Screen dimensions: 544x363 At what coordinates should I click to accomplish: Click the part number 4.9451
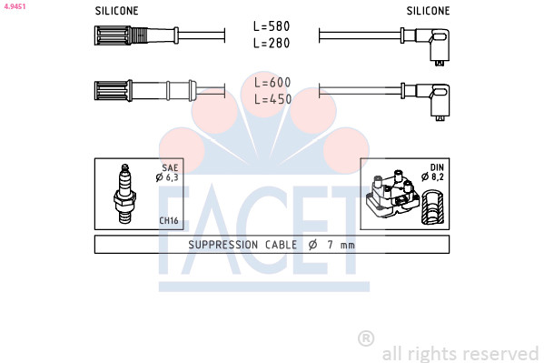coord(15,6)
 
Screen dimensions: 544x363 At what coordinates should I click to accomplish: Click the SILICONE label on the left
coord(116,11)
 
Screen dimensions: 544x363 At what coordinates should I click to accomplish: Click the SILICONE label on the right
coord(428,11)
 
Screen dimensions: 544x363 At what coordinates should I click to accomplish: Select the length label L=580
coord(272,26)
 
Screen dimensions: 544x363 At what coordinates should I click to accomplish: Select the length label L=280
coord(272,43)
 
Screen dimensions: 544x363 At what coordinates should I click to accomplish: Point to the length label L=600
coord(272,83)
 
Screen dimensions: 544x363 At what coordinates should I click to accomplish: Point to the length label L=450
coord(272,99)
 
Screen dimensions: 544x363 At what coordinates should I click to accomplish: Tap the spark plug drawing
coord(124,193)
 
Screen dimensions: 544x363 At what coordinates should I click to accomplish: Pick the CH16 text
coord(169,220)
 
